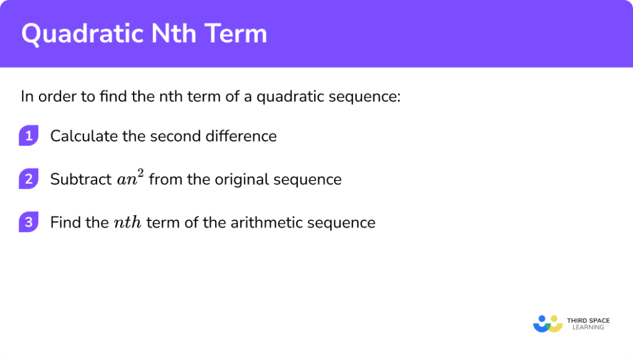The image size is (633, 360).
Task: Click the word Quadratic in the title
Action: pos(78,34)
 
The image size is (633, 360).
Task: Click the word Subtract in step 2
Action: pos(80,179)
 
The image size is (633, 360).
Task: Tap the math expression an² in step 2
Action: pos(130,179)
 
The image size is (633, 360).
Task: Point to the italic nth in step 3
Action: pos(128,223)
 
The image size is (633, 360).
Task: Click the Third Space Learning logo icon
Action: pos(547,324)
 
